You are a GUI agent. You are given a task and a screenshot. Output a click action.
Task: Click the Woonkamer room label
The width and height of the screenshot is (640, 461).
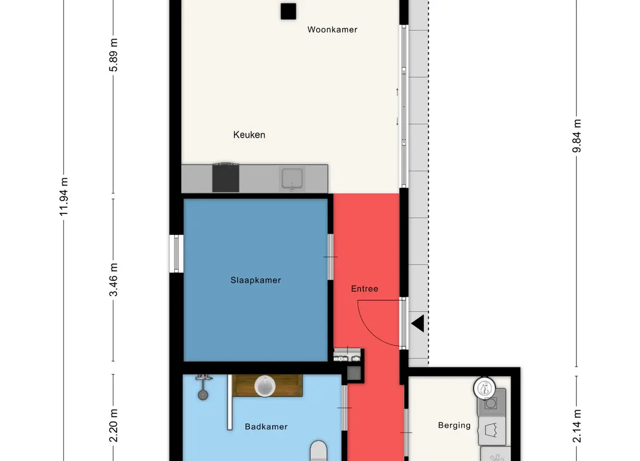tap(332, 30)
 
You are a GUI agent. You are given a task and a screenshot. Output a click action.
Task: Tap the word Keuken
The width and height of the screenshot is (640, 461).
tap(249, 135)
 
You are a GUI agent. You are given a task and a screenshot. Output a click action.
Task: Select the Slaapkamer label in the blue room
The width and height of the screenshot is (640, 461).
tap(255, 280)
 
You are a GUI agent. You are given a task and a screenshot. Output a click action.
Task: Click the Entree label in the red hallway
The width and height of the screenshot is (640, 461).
tap(364, 288)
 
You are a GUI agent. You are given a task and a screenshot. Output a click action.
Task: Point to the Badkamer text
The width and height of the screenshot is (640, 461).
tap(266, 426)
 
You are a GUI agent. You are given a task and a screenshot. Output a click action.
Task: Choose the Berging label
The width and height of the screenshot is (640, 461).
tap(454, 425)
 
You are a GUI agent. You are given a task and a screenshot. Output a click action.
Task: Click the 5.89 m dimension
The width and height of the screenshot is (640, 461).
tap(113, 55)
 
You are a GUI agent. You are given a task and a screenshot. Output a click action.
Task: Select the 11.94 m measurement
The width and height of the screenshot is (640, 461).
tap(64, 197)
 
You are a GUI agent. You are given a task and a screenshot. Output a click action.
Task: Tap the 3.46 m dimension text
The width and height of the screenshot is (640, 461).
tap(113, 280)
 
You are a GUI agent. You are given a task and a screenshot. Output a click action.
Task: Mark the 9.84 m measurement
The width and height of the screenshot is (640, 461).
tap(576, 136)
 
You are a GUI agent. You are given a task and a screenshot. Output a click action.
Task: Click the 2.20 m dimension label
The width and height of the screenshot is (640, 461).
tap(113, 425)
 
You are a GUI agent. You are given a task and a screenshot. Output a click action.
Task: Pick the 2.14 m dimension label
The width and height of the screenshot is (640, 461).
tap(576, 426)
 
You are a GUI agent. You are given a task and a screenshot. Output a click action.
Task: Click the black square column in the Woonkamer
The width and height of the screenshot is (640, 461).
tap(288, 11)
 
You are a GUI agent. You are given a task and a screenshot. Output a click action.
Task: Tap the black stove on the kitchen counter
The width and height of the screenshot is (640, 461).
tap(226, 178)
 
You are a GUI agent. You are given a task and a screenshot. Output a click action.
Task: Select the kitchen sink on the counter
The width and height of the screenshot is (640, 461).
tap(292, 178)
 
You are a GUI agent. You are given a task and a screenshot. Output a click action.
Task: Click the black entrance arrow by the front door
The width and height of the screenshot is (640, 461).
tap(418, 323)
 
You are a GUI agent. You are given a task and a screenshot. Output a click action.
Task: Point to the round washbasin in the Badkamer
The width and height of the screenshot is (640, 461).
tap(265, 386)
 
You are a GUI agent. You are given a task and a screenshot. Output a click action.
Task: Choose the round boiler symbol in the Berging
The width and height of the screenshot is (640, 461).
tap(485, 388)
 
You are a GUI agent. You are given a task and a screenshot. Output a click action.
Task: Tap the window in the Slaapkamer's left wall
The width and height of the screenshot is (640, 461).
tap(176, 253)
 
